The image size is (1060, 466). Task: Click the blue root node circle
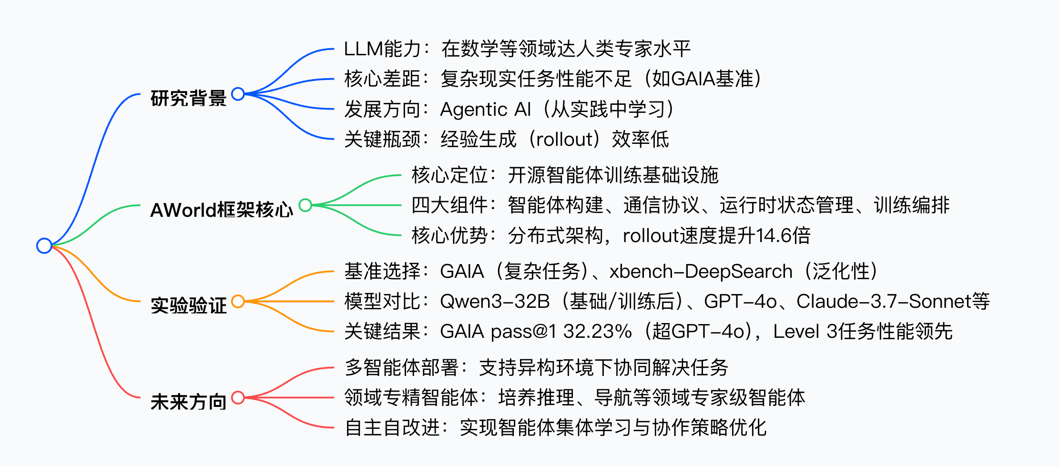tap(44, 246)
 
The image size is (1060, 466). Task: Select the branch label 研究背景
tap(188, 98)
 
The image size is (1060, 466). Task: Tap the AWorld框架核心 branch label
tap(222, 210)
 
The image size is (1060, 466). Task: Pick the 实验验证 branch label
tap(188, 305)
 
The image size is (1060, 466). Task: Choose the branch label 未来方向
tap(188, 402)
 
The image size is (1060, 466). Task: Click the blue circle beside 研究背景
tap(238, 94)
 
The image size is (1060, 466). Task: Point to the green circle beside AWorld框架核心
tap(305, 205)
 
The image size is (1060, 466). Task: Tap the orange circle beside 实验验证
tap(238, 301)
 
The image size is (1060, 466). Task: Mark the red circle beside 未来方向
tap(238, 397)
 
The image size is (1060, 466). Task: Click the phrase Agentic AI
tap(485, 110)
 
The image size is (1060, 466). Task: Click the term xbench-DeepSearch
tap(701, 272)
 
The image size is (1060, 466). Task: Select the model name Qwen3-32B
tap(495, 302)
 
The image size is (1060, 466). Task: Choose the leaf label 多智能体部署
tap(401, 367)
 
